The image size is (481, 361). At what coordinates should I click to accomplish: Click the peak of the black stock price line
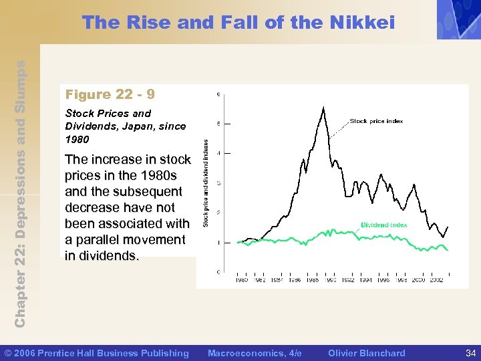tap(324, 107)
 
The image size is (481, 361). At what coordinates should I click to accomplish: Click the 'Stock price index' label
tap(376, 122)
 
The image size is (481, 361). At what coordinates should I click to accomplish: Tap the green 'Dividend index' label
tap(383, 225)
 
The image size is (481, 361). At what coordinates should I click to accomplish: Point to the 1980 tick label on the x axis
tap(241, 280)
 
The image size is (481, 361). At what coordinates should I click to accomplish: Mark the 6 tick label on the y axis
tap(220, 94)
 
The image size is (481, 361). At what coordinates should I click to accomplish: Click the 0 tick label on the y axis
tap(220, 271)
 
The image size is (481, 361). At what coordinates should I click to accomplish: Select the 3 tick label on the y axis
tap(220, 183)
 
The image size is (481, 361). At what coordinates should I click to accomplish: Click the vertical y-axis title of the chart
tap(206, 183)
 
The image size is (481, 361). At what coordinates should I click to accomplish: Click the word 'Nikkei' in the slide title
tap(362, 23)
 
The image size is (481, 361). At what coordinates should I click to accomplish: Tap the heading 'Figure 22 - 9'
tap(110, 94)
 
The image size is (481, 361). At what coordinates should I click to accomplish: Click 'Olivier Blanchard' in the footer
tap(367, 353)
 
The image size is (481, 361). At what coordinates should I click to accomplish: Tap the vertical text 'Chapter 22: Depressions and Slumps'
tap(21, 194)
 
